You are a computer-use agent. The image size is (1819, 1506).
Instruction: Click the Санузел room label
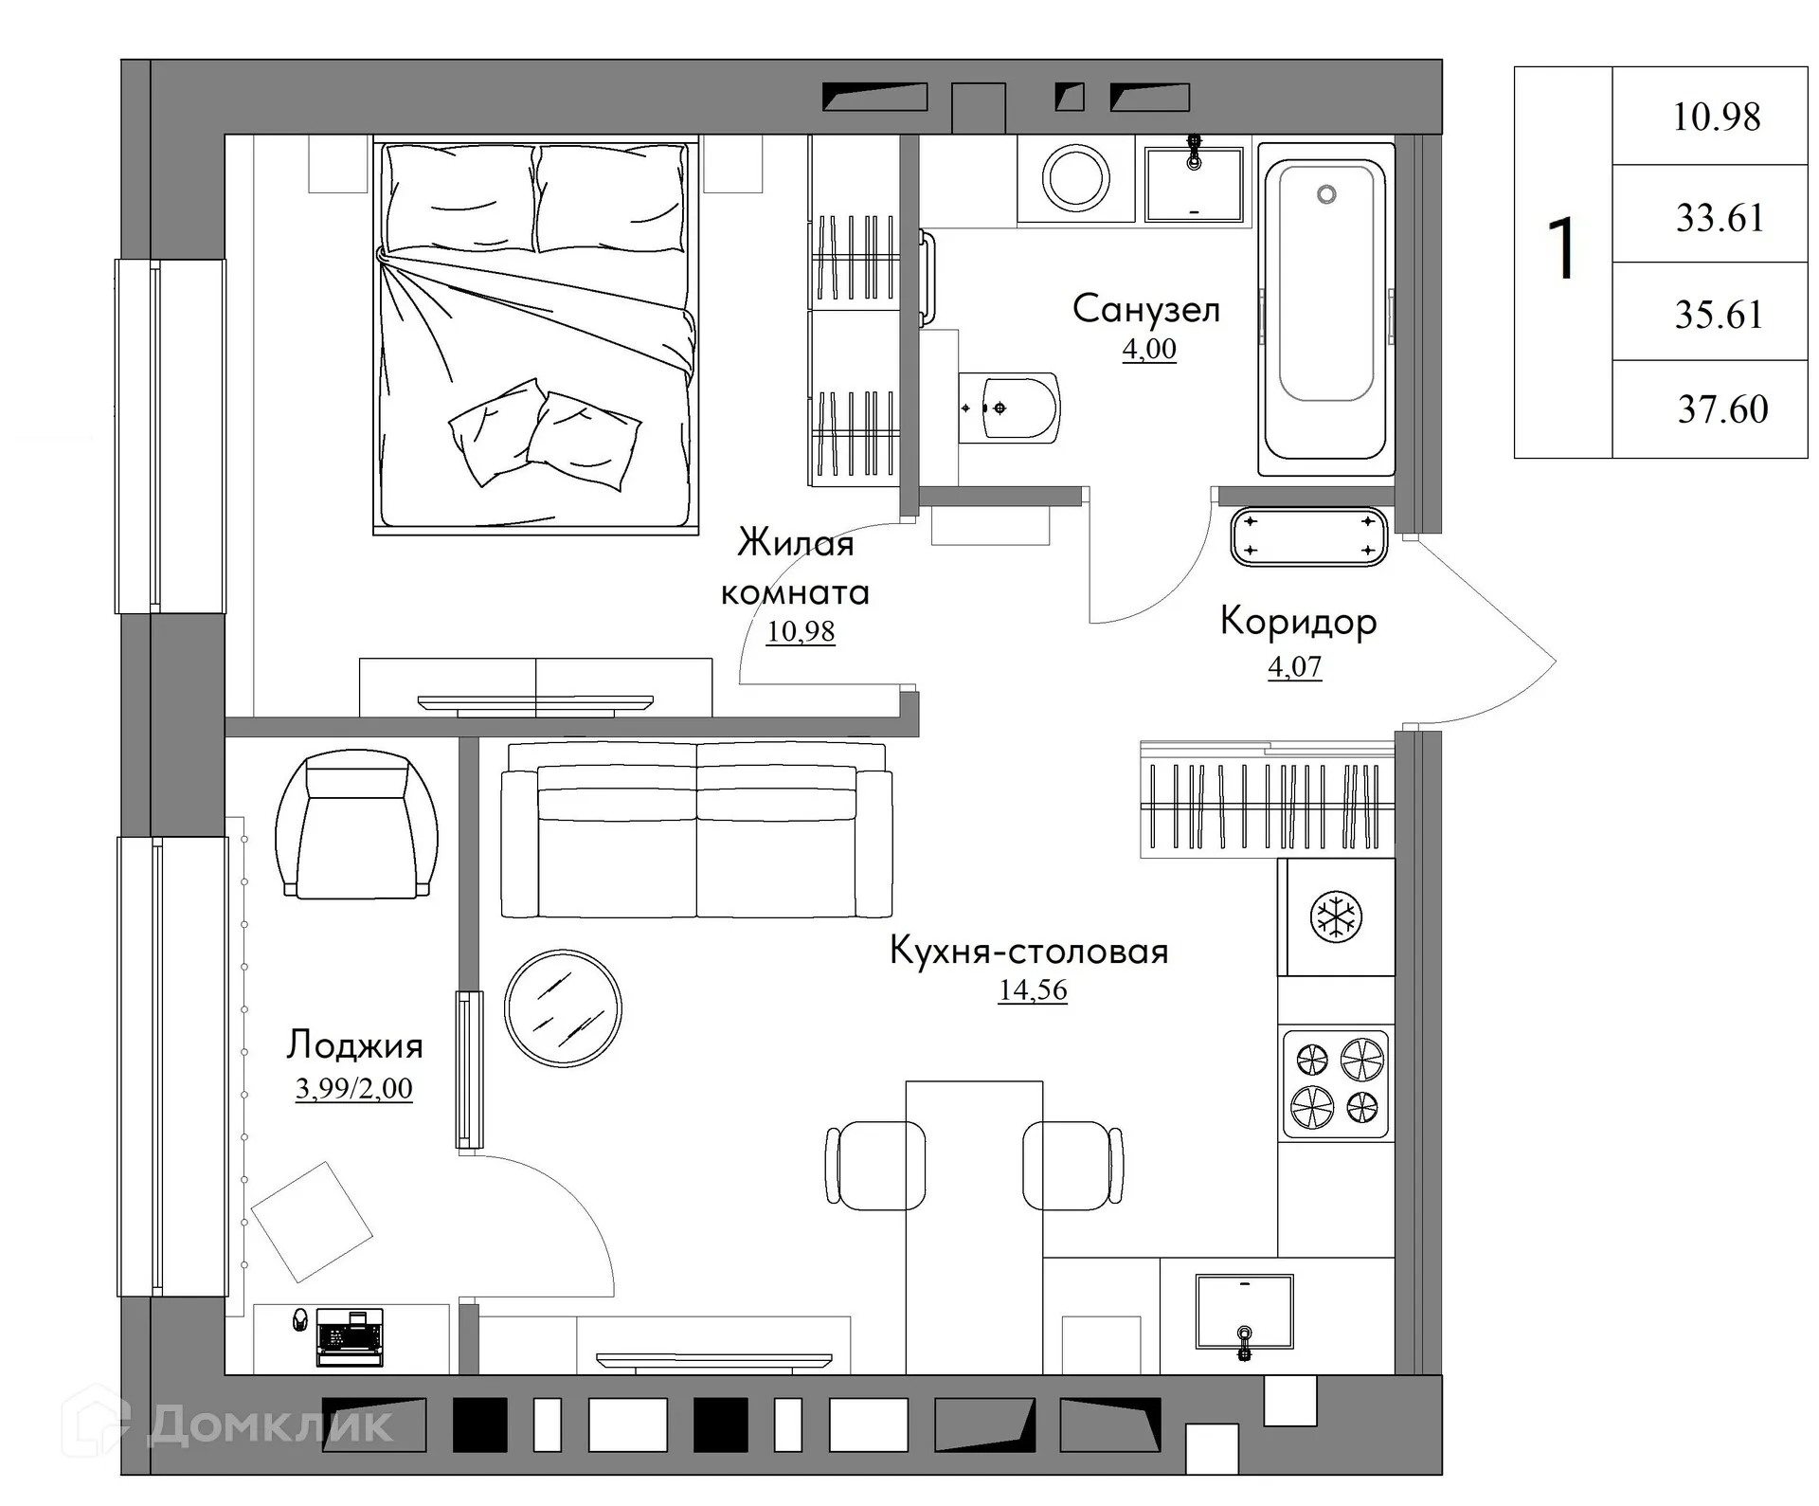click(x=1145, y=310)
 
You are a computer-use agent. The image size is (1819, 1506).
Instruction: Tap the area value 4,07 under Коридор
click(x=1294, y=666)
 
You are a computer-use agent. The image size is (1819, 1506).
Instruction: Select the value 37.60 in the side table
click(x=1722, y=409)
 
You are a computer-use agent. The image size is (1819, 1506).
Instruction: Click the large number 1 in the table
click(x=1562, y=248)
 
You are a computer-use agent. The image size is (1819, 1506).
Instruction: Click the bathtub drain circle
click(x=1326, y=194)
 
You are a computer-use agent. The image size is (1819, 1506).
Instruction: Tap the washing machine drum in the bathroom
click(x=1075, y=176)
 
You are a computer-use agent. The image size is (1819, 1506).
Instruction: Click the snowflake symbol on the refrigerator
click(x=1336, y=916)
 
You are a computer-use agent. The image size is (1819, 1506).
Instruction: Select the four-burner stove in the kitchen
click(x=1336, y=1083)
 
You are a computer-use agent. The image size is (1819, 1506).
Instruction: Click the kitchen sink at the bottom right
click(x=1244, y=1312)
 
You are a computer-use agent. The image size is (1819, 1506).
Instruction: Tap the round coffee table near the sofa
click(x=563, y=1007)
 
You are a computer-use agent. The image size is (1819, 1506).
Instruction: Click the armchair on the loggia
click(x=357, y=826)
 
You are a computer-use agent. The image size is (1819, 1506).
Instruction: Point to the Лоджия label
click(x=355, y=1045)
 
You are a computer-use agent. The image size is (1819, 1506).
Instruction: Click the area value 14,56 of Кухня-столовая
click(x=1033, y=989)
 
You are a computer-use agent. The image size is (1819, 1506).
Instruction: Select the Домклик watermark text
click(x=270, y=1424)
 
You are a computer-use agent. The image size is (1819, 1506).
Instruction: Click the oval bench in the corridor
click(x=1308, y=536)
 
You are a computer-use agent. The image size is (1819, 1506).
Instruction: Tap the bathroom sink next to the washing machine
click(x=1194, y=184)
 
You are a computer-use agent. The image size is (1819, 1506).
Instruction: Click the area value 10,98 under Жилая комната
click(x=801, y=631)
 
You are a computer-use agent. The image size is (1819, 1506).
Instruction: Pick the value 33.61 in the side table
click(x=1720, y=218)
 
